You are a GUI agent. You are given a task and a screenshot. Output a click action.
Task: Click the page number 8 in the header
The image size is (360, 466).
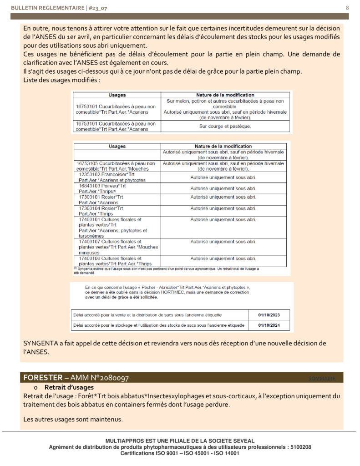pyautogui.click(x=347, y=8)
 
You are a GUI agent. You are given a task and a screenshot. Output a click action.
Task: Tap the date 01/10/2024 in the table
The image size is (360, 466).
pyautogui.click(x=268, y=325)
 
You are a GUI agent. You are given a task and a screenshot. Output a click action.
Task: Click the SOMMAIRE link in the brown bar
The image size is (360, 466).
pyautogui.click(x=322, y=379)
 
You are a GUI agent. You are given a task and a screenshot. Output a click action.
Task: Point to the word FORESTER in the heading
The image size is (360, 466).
pyautogui.click(x=40, y=378)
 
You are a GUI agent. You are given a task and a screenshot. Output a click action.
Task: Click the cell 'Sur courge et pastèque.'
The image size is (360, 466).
pyautogui.click(x=225, y=126)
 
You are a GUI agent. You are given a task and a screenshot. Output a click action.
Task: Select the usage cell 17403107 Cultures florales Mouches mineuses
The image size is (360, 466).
pyautogui.click(x=112, y=247)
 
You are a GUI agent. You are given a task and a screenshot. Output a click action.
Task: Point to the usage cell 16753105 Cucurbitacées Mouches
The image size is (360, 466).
pyautogui.click(x=117, y=166)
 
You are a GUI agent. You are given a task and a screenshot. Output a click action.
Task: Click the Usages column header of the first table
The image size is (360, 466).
pyautogui.click(x=117, y=95)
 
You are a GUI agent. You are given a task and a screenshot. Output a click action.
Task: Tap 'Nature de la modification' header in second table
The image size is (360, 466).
pyautogui.click(x=225, y=147)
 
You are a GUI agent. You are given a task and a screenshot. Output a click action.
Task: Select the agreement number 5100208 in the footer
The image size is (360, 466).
pyautogui.click(x=299, y=447)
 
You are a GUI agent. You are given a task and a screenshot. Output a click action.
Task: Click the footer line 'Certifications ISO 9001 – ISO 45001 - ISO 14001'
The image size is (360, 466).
pyautogui.click(x=180, y=454)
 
